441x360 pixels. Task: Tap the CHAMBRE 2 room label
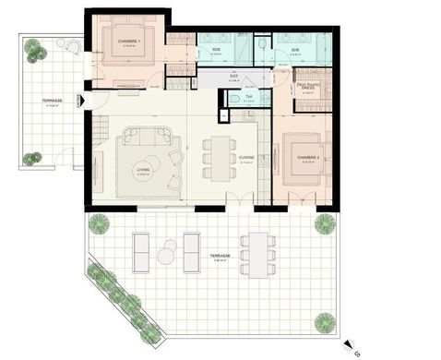(308, 158)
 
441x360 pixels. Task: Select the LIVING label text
(143, 170)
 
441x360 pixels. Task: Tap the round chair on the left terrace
(69, 45)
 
